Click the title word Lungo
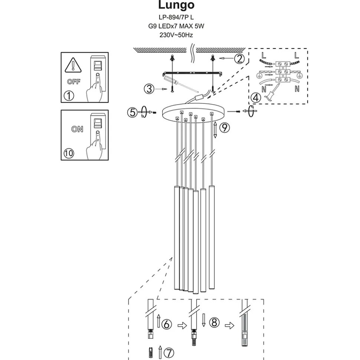click(176, 5)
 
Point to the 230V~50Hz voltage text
click(176, 35)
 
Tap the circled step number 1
click(69, 95)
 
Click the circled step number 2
click(240, 58)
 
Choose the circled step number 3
click(149, 89)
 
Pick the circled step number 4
click(256, 98)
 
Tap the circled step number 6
click(167, 324)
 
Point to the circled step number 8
click(214, 323)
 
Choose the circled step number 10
click(69, 153)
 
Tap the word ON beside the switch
click(78, 129)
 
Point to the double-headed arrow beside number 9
click(215, 130)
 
